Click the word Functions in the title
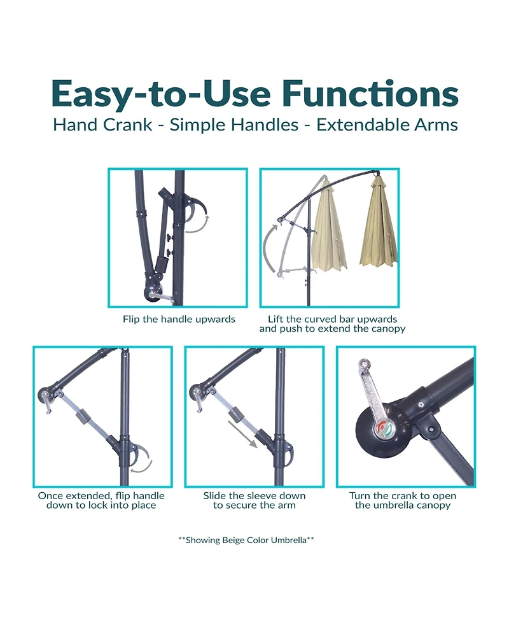tap(370, 94)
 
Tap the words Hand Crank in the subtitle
tap(102, 124)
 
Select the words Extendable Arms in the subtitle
tap(387, 124)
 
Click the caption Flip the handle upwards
tap(179, 319)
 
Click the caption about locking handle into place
tap(101, 500)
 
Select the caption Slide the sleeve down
tap(254, 500)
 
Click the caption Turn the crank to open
tap(403, 500)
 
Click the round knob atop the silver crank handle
tap(363, 365)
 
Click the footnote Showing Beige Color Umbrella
tap(246, 540)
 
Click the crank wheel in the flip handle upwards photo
tap(153, 293)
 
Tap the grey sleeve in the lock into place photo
tap(83, 419)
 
